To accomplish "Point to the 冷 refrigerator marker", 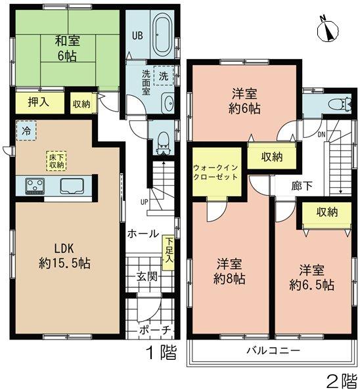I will coord(26,130).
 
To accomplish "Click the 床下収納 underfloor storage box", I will coord(55,160).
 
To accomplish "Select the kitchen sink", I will coord(73,186).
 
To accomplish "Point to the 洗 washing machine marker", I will coord(163,76).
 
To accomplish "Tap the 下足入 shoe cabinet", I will coord(170,251).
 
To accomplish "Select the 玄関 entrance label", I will coord(147,276).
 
